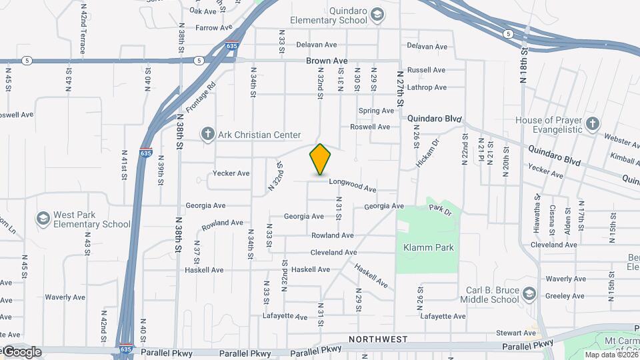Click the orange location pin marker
point(320,160)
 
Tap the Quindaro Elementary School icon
point(377,15)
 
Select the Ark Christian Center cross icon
point(207,135)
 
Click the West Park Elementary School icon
point(43,219)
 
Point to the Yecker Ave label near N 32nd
point(231,173)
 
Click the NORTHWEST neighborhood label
point(378,339)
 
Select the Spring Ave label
point(376,111)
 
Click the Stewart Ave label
point(521,333)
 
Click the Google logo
point(21,352)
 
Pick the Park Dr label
point(440,210)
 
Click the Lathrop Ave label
point(427,87)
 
